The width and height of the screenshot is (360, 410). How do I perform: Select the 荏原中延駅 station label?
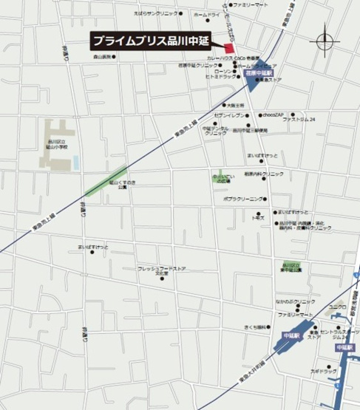point(260,75)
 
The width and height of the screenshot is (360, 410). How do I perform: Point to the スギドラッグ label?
point(321,371)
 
